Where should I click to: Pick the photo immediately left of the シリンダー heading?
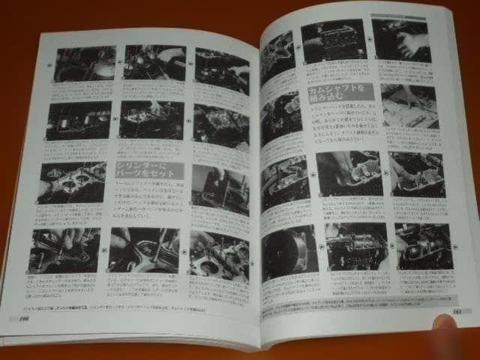click(x=73, y=182)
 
